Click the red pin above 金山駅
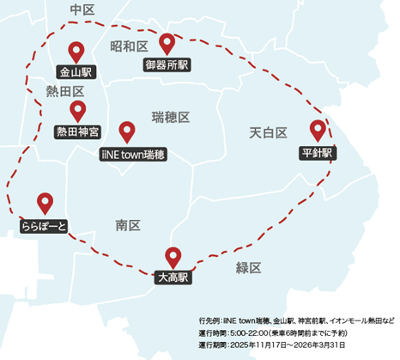[76, 52]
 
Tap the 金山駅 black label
[76, 72]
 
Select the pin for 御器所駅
[167, 43]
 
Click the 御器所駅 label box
[167, 64]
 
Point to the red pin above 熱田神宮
[78, 111]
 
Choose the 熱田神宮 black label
[78, 131]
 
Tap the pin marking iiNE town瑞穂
[128, 131]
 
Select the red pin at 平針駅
[319, 131]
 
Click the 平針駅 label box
[318, 153]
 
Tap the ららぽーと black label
[45, 226]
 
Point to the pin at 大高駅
[173, 256]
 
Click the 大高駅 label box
[173, 278]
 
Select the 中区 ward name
[82, 9]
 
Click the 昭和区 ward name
[129, 45]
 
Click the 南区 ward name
[128, 225]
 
